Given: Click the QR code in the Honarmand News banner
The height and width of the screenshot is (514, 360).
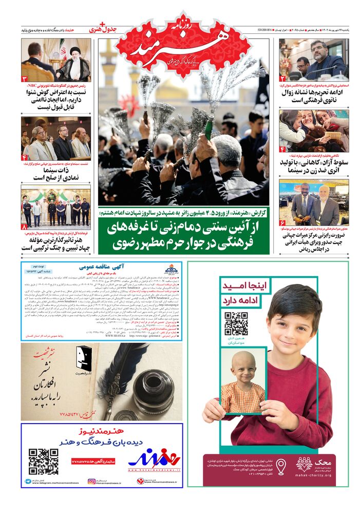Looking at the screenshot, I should pos(43,461).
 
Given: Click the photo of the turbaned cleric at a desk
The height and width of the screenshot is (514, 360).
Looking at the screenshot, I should pos(56,59).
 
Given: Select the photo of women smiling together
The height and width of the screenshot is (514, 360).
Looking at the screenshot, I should pos(314,131).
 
